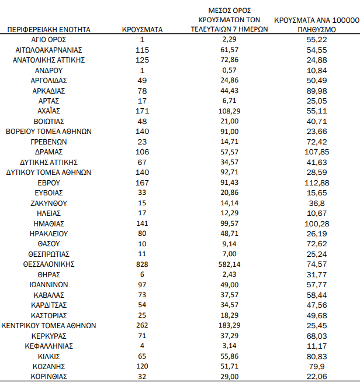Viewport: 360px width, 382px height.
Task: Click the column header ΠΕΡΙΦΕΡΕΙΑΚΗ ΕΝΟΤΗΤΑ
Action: point(49,29)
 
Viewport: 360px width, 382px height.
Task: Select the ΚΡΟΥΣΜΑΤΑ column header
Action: point(143,29)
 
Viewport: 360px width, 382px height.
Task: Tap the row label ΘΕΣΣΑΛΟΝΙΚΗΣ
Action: point(49,264)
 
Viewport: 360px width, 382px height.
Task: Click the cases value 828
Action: point(143,264)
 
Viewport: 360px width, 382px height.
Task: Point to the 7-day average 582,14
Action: point(229,264)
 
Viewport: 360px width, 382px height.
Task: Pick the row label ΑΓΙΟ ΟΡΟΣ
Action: point(49,39)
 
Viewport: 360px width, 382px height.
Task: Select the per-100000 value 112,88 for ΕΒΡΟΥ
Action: point(317,182)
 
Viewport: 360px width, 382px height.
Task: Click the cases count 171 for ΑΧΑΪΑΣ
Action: point(143,111)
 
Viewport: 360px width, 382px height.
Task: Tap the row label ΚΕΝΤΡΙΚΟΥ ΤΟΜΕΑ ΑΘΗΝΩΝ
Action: point(49,325)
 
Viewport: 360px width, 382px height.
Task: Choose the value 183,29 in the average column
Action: point(229,325)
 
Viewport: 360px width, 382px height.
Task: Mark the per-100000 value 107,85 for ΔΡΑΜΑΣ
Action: point(317,152)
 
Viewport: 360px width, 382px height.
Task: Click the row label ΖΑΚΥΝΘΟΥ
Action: point(49,202)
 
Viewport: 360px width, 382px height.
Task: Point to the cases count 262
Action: point(143,325)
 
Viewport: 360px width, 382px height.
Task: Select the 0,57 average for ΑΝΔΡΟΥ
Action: point(229,70)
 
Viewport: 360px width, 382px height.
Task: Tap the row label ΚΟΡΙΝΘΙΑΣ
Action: point(49,376)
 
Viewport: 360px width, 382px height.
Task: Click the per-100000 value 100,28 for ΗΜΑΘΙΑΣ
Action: point(317,223)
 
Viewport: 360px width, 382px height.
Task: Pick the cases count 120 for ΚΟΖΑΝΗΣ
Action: point(143,366)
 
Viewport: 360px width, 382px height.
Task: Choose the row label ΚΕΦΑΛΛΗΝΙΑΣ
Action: point(49,346)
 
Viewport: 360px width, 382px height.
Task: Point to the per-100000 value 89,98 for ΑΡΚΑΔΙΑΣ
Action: point(317,90)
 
